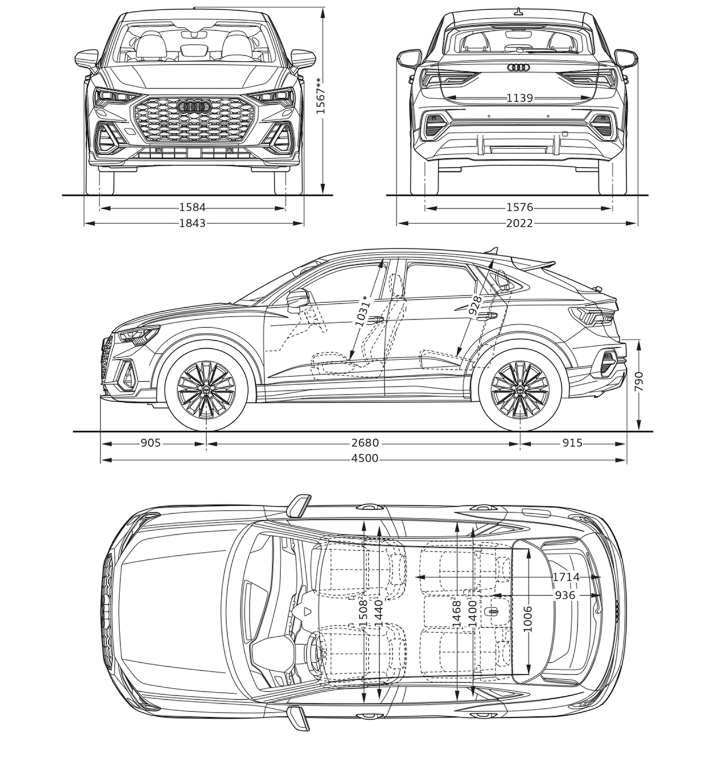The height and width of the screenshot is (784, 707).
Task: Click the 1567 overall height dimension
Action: click(x=320, y=96)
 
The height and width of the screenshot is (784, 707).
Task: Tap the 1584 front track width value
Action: click(x=192, y=207)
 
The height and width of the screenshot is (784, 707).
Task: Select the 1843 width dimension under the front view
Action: click(x=192, y=223)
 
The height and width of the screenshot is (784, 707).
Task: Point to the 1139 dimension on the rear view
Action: click(x=520, y=98)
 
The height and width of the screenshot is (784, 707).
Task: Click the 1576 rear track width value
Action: click(x=520, y=207)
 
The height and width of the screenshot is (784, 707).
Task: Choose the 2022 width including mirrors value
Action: click(x=520, y=223)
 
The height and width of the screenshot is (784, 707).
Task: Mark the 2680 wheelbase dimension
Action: click(x=365, y=443)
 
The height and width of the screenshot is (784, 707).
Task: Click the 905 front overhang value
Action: click(x=150, y=443)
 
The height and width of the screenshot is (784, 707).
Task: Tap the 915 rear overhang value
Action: click(x=572, y=443)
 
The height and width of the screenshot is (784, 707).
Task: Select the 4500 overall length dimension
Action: click(x=364, y=458)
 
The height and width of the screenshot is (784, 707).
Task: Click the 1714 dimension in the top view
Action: click(x=566, y=577)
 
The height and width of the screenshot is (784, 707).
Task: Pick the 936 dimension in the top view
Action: click(x=565, y=595)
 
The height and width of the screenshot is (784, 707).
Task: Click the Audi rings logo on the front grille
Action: click(x=193, y=107)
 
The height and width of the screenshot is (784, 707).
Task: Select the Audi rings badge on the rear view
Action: click(x=518, y=68)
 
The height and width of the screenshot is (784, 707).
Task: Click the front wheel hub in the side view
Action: click(x=206, y=390)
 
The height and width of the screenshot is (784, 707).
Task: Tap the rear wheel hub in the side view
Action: click(x=520, y=390)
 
